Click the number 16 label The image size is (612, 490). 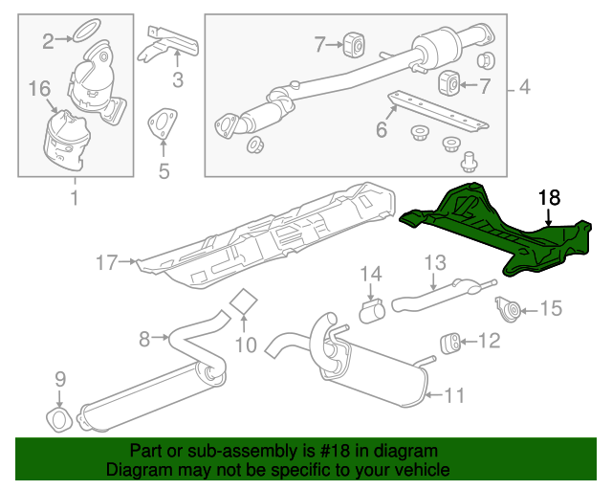tap(38, 89)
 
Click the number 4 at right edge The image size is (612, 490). tap(524, 89)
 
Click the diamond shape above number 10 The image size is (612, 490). tap(246, 302)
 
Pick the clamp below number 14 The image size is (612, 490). tap(370, 311)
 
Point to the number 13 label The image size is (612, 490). tap(435, 261)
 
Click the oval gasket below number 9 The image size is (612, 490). tap(59, 420)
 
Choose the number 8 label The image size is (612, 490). tap(144, 337)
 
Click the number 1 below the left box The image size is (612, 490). tap(74, 198)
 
